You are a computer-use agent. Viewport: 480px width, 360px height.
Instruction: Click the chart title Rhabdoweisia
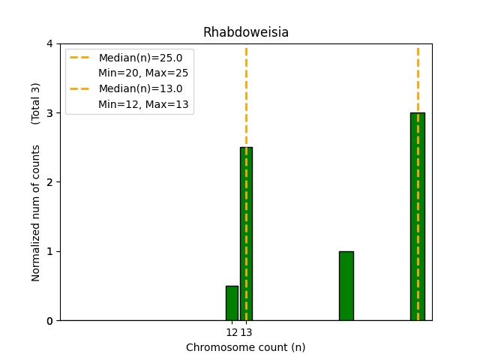click(245, 32)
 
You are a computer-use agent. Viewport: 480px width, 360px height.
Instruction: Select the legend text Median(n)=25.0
click(140, 58)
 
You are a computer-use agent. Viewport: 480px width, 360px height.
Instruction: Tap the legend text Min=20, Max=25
click(143, 73)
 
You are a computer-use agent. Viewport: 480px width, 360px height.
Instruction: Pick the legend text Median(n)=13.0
click(140, 88)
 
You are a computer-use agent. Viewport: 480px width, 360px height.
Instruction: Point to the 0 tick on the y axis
click(50, 321)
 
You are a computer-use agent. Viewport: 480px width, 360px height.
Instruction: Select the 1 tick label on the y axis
click(50, 251)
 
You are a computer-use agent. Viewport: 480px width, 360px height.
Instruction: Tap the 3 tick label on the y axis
click(50, 113)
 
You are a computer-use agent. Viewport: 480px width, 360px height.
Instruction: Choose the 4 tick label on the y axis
click(50, 44)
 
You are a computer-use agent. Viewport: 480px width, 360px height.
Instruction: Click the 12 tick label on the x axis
click(232, 332)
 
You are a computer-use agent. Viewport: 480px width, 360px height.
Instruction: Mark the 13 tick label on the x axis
click(246, 332)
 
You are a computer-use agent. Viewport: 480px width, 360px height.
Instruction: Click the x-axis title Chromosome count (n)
click(245, 347)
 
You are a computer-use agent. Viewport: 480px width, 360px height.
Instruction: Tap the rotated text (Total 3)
click(36, 103)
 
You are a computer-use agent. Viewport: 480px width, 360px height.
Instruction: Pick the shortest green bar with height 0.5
click(232, 303)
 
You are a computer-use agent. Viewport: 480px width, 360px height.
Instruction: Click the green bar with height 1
click(346, 286)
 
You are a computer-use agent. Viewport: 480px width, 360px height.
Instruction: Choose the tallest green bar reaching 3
click(418, 217)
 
